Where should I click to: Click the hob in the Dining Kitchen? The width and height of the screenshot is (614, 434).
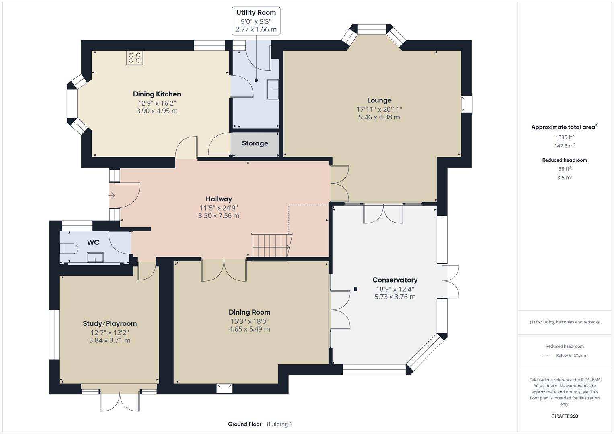[x=135, y=58]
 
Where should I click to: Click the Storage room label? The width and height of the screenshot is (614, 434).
[x=255, y=143]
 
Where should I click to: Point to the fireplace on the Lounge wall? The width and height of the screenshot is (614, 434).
[x=466, y=104]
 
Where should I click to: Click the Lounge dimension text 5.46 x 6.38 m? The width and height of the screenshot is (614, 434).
[x=379, y=117]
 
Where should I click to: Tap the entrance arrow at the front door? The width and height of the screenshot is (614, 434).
[x=112, y=196]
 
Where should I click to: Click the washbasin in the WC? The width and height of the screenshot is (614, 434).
[x=95, y=257]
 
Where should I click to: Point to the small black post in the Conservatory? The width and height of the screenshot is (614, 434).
[x=356, y=289]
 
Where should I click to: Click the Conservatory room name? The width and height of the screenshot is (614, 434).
[x=394, y=280]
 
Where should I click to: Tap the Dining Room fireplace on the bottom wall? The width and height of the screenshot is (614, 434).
[x=224, y=388]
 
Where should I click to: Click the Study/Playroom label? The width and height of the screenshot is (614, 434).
[x=110, y=323]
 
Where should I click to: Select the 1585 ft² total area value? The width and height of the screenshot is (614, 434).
[x=565, y=137]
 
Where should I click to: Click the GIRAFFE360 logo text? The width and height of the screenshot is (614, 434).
[x=565, y=416]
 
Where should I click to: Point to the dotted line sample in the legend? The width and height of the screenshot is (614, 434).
[x=547, y=356]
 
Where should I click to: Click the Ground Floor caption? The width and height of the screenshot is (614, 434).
[x=244, y=424]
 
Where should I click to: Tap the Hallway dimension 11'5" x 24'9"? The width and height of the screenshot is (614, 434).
[x=219, y=208]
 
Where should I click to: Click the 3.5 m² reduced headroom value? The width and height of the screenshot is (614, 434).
[x=565, y=177]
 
